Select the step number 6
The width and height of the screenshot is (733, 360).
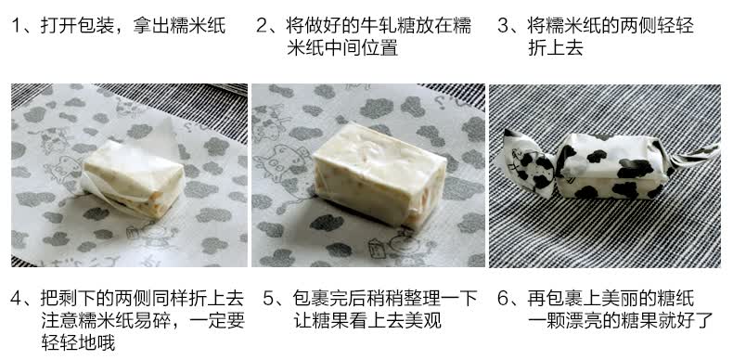(503, 298)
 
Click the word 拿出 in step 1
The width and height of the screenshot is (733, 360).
(148, 25)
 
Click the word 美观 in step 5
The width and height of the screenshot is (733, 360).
(425, 321)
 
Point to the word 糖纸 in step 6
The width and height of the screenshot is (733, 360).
(678, 298)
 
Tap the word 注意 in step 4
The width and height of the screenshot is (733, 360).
(57, 321)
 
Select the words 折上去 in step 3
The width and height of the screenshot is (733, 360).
(552, 47)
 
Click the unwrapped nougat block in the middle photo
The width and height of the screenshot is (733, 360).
(379, 174)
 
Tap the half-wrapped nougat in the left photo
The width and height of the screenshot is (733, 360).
(134, 178)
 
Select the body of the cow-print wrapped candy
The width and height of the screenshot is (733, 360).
(612, 166)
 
